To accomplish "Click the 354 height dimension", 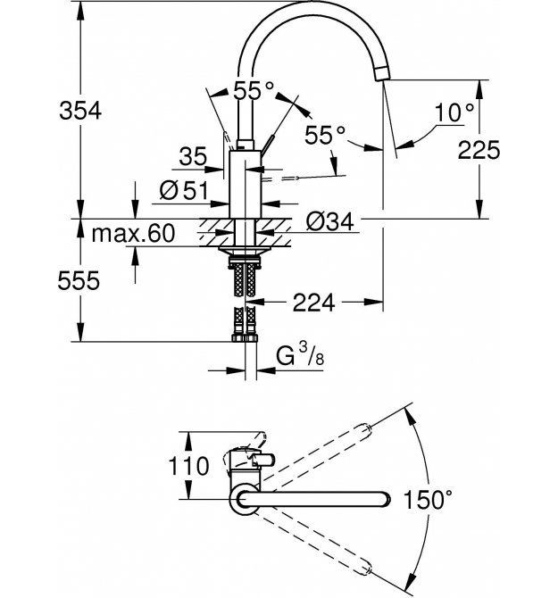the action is tap(80, 111).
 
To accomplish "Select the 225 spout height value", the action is tap(479, 150).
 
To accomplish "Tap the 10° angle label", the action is tap(454, 112).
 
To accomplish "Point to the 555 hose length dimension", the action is tap(79, 280).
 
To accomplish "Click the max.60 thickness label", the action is tap(133, 234).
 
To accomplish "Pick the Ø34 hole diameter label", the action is tap(330, 221).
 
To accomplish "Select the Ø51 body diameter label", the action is tap(184, 190).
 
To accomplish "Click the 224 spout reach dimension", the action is tap(314, 303).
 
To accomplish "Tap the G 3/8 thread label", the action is tap(300, 355).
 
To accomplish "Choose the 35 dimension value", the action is tap(193, 155).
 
